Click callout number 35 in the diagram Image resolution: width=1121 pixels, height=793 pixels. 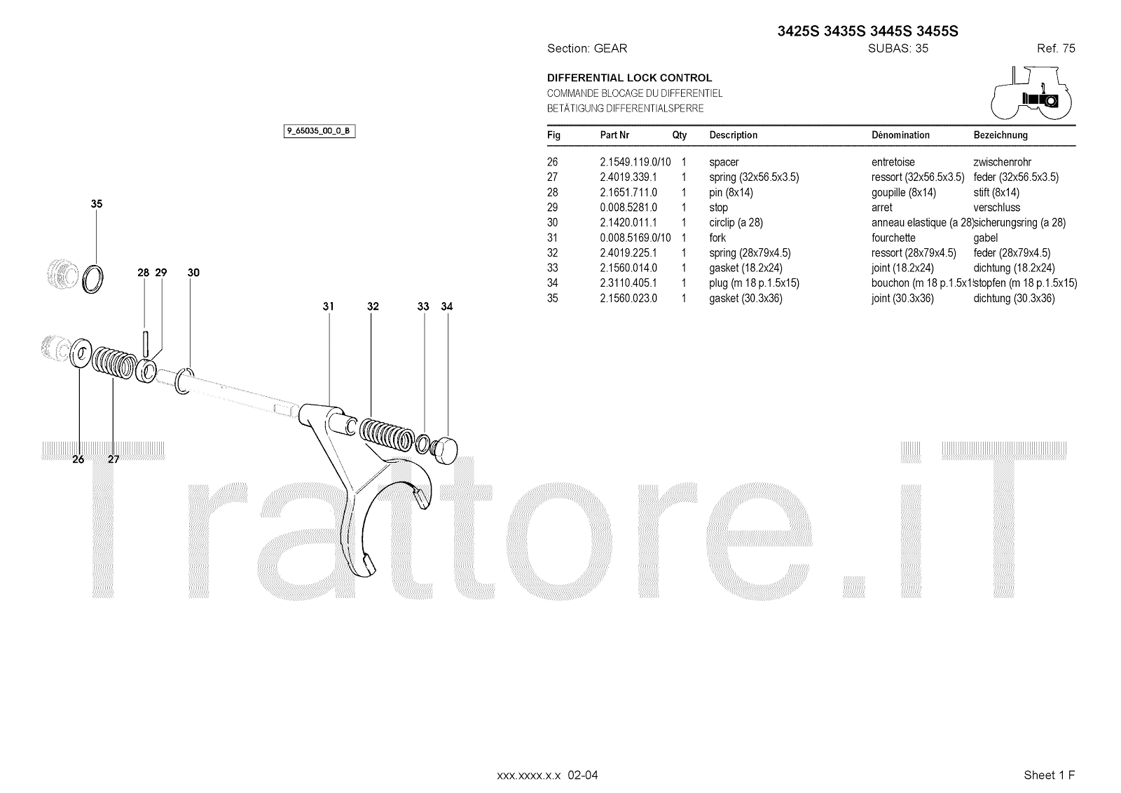point(97,204)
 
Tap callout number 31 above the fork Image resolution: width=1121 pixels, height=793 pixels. point(329,306)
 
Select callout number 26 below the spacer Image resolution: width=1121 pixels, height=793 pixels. point(78,459)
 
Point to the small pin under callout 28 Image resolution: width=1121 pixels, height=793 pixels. point(145,343)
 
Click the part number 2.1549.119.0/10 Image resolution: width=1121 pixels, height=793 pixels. point(635,162)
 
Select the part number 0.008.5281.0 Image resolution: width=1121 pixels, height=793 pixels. point(628,208)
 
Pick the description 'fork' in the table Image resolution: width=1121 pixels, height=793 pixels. point(717,238)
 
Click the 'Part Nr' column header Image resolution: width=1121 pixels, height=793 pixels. point(614,135)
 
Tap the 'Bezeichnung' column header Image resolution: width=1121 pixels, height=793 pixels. point(1000,135)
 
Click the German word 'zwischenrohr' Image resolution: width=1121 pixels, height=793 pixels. point(1003,162)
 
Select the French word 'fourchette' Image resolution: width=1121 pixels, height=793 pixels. point(893,238)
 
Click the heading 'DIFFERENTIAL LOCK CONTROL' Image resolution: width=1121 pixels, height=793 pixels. point(629,78)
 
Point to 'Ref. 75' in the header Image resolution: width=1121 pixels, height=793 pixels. point(1056,48)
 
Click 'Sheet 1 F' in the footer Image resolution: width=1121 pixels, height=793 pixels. point(1049,775)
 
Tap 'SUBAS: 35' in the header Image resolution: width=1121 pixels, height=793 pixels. point(898,48)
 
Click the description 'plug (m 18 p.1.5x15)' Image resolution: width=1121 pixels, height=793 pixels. point(754,283)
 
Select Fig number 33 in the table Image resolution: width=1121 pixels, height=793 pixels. point(553,268)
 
